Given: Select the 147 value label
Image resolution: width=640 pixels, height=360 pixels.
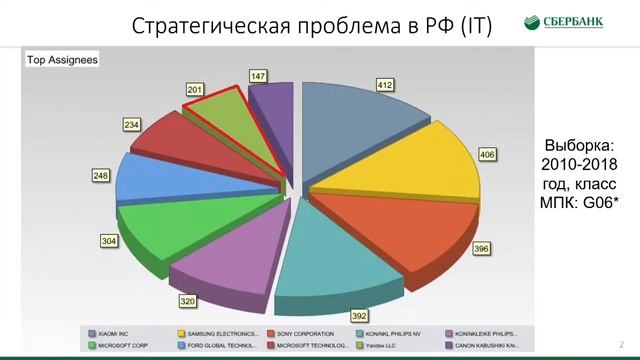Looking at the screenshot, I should tap(258, 76).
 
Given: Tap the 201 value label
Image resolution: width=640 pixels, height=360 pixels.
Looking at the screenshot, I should tap(195, 90).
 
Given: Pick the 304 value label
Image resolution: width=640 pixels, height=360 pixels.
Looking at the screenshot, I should tap(108, 241).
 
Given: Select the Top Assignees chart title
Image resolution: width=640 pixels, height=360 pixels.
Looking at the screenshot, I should tap(61, 60).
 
